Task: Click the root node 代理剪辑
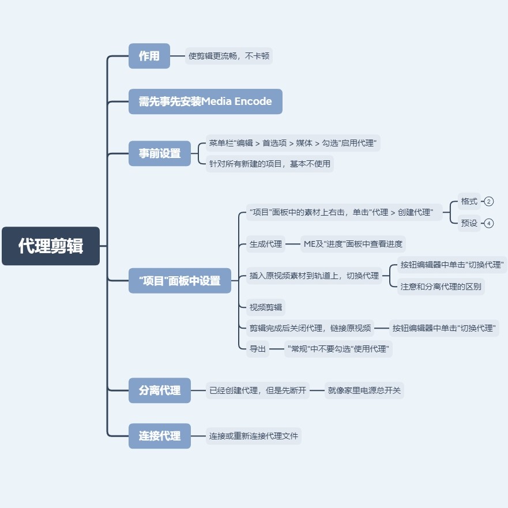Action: (51, 246)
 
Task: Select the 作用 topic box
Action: (149, 56)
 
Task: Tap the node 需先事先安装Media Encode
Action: (205, 101)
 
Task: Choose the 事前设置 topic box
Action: (160, 153)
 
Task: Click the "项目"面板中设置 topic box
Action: (180, 281)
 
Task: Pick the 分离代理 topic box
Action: (160, 390)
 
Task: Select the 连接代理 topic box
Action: (160, 436)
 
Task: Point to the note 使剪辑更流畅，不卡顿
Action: (229, 56)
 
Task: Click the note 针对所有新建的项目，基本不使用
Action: (270, 164)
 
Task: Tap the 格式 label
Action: (469, 201)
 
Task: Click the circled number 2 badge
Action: (489, 201)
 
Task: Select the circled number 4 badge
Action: (489, 223)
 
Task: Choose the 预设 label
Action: (469, 223)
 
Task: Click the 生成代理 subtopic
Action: (266, 244)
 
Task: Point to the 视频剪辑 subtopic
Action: (266, 307)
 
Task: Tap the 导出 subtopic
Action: (258, 349)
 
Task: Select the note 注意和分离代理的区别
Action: (441, 287)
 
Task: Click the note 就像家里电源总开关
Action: (364, 390)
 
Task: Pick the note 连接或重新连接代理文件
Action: (254, 436)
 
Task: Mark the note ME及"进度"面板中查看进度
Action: (353, 244)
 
